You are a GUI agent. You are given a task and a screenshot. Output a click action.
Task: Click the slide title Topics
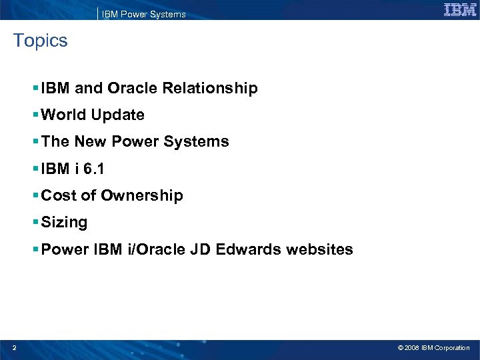41,41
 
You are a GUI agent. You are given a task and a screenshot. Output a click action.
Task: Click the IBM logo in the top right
460,10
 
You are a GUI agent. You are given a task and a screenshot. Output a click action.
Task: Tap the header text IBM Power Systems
143,14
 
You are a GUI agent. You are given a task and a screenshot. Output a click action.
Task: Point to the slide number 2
14,347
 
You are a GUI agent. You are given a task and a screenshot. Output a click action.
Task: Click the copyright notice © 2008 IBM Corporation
433,348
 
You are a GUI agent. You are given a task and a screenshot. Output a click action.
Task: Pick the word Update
118,115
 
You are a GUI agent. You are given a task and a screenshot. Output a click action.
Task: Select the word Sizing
64,223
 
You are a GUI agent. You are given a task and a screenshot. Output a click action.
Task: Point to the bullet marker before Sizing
35,222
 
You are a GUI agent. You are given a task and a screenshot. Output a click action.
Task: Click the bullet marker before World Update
35,115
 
